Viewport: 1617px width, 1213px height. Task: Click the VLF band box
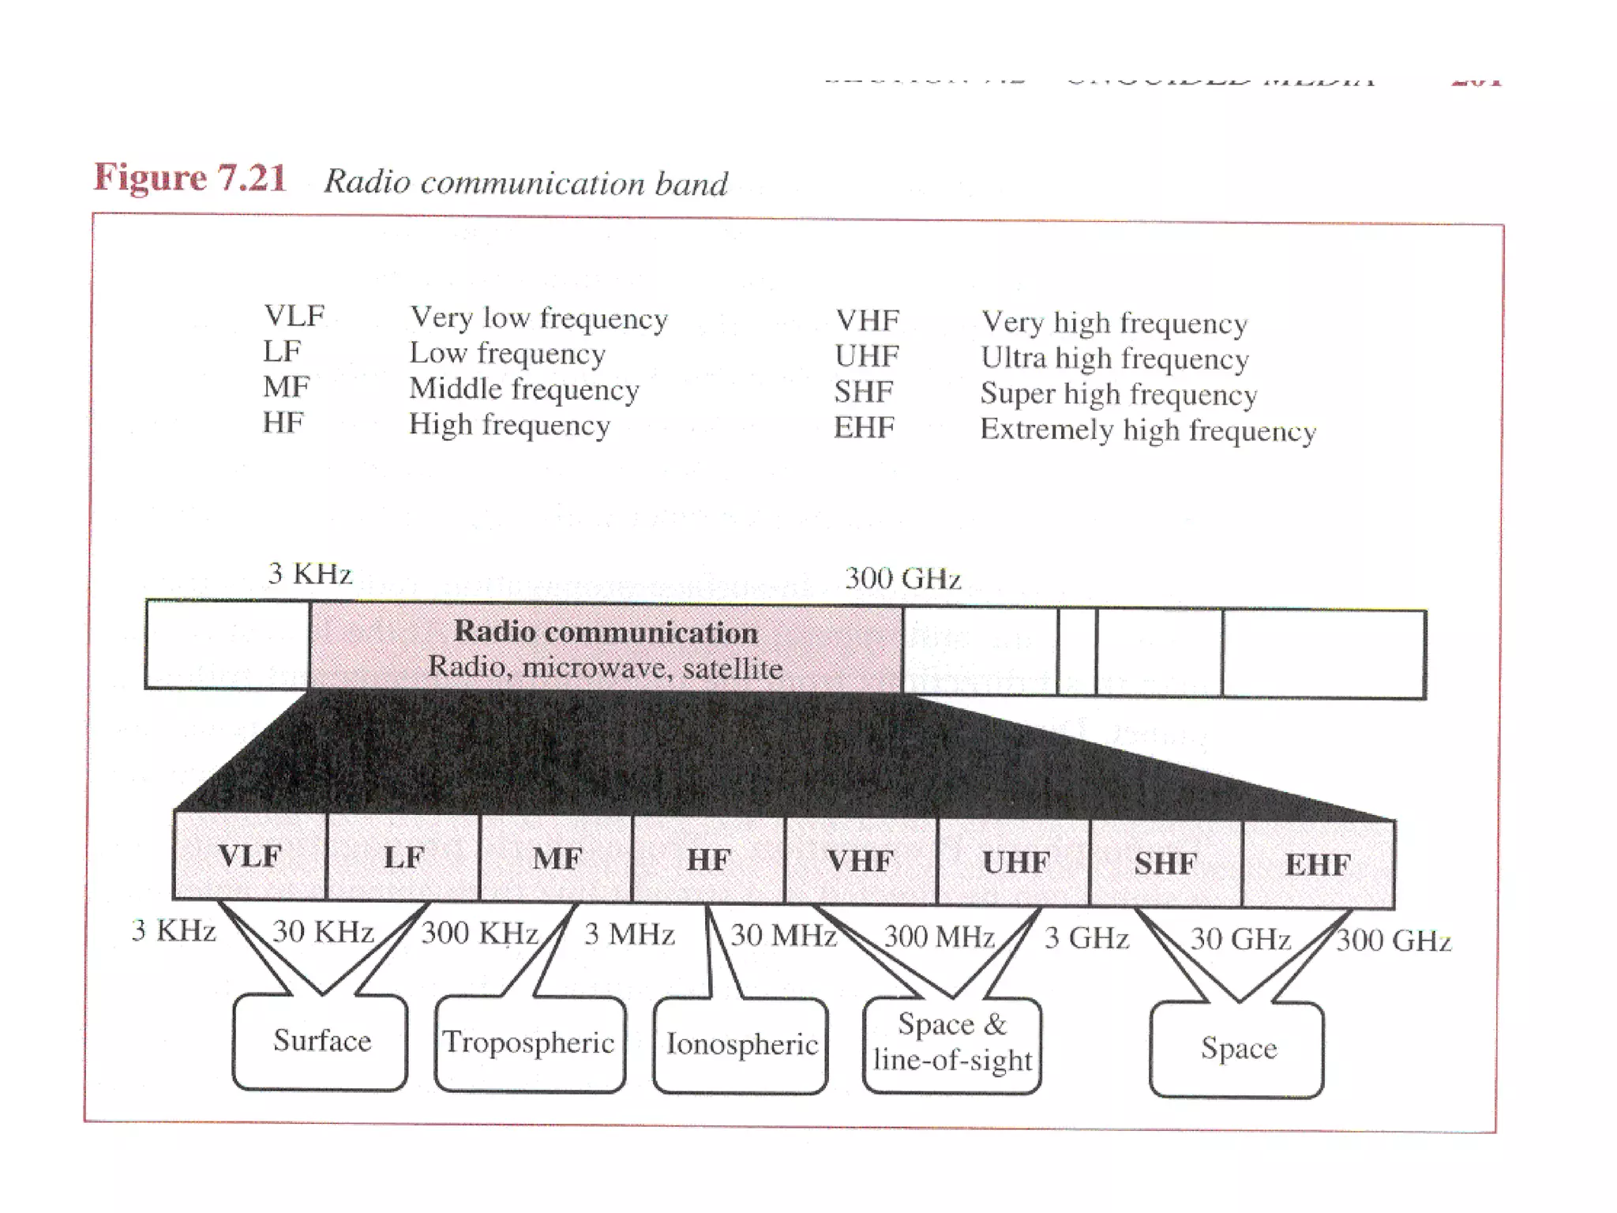pyautogui.click(x=249, y=856)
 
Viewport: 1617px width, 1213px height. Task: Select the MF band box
pyautogui.click(x=557, y=859)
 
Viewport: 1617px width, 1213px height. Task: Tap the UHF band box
pyautogui.click(x=1015, y=862)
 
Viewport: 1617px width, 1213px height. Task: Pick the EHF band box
pyautogui.click(x=1318, y=865)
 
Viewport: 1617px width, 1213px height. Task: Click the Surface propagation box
pyautogui.click(x=321, y=1041)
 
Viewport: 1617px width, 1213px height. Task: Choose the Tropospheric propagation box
pyautogui.click(x=529, y=1043)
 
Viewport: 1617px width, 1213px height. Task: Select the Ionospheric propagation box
pyautogui.click(x=741, y=1045)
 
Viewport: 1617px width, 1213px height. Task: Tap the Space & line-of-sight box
pyautogui.click(x=952, y=1043)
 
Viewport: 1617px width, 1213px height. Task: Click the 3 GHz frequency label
pyautogui.click(x=1086, y=938)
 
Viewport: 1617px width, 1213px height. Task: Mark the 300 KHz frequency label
pyautogui.click(x=479, y=933)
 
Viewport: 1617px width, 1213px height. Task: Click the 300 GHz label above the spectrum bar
pyautogui.click(x=902, y=578)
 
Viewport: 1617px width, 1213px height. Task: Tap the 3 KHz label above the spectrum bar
pyautogui.click(x=310, y=573)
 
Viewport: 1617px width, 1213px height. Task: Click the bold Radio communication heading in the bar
pyautogui.click(x=606, y=632)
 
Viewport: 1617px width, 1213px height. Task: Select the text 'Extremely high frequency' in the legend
pyautogui.click(x=1148, y=431)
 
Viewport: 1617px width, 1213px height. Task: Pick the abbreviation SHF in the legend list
pyautogui.click(x=864, y=392)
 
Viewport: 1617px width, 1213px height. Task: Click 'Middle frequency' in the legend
pyautogui.click(x=523, y=389)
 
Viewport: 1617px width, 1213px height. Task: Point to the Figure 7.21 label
pyautogui.click(x=189, y=178)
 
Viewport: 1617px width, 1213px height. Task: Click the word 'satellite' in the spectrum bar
pyautogui.click(x=733, y=669)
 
